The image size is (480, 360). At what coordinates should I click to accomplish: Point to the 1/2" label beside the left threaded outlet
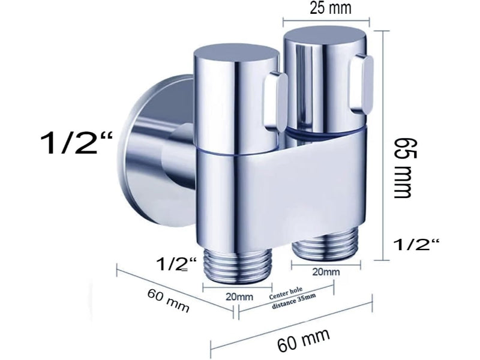[176, 264]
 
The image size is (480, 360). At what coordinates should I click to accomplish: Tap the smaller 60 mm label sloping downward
[169, 300]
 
